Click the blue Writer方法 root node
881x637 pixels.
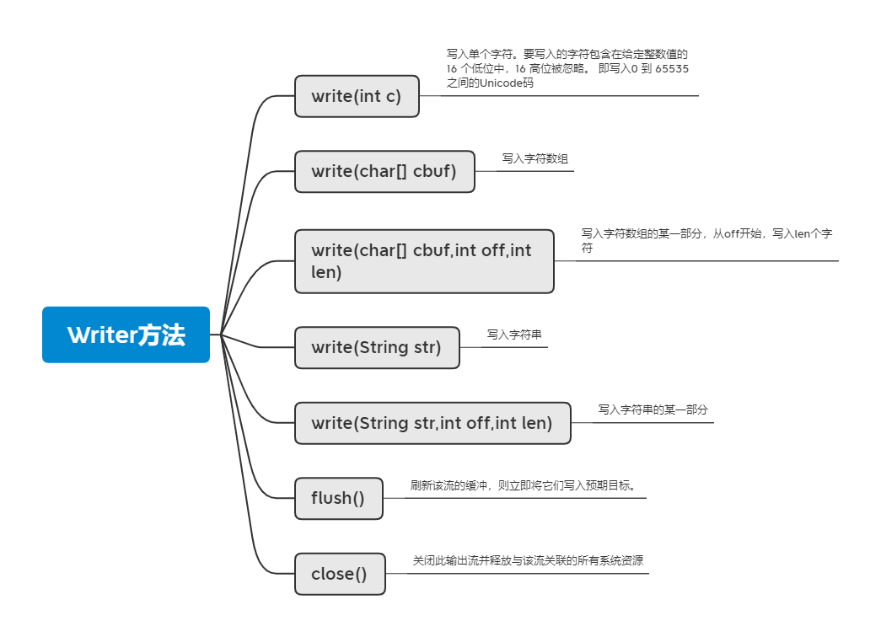[126, 335]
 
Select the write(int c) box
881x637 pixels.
[357, 96]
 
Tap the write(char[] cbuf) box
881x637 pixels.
[384, 171]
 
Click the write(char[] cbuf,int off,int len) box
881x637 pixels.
[424, 261]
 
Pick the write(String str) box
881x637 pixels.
[377, 347]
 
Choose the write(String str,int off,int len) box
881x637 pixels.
[432, 423]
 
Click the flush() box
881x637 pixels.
[338, 498]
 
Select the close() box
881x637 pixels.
[340, 574]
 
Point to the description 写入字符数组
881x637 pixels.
[535, 158]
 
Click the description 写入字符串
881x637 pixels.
[514, 335]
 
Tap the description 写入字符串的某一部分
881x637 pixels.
[653, 409]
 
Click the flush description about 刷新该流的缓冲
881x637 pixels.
[522, 485]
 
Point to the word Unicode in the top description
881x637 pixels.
[500, 83]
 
